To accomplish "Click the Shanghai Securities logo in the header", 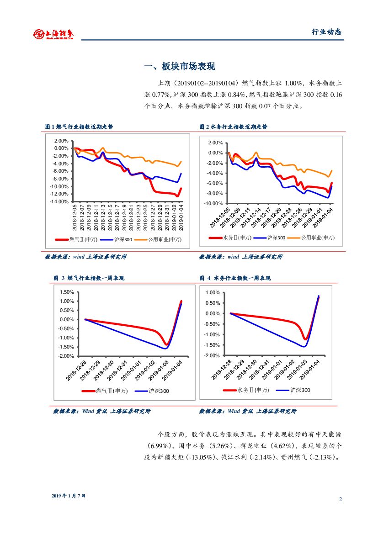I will point(53,33).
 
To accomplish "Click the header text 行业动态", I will point(326,32).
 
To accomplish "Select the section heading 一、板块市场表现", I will point(179,67).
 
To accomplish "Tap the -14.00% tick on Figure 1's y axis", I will point(60,201).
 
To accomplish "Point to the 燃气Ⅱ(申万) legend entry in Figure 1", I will point(80,239).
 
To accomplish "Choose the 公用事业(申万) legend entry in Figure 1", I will point(162,239).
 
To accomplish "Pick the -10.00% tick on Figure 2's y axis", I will point(214,203).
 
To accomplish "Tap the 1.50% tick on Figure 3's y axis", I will point(67,292).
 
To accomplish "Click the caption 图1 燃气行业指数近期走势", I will point(79,127).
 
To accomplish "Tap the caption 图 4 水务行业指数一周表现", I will point(235,278).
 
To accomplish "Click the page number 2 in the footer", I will point(341,499).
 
